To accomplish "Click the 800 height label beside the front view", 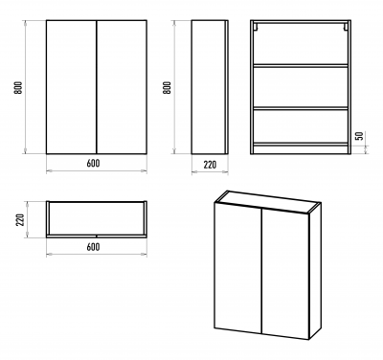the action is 18,87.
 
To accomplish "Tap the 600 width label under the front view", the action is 93,163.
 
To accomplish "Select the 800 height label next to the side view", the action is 167,87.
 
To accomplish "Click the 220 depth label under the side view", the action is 210,165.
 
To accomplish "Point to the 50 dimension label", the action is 359,136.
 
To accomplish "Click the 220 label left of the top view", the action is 20,219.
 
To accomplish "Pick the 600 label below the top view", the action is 93,247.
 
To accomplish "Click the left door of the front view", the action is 71,87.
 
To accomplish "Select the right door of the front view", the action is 122,87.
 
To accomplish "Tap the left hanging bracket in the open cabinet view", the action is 256,27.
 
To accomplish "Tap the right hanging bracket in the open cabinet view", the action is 346,27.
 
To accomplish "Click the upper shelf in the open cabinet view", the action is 301,66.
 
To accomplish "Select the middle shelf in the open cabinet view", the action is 301,108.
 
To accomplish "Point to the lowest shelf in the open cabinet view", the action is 301,145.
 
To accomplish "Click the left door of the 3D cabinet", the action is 238,269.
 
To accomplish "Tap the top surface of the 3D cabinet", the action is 268,202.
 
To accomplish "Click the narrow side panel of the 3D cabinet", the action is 315,271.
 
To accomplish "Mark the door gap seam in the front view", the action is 97,87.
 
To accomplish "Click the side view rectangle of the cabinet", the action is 210,87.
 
